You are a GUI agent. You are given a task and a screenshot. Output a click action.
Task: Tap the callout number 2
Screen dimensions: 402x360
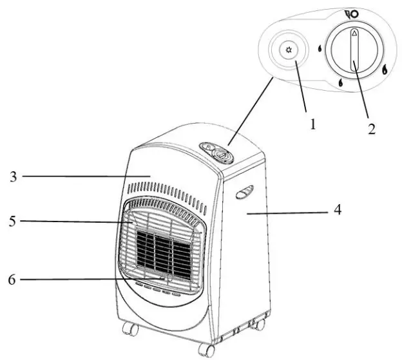point(371,128)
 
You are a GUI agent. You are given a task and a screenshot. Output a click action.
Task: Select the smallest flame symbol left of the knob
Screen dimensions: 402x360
point(320,48)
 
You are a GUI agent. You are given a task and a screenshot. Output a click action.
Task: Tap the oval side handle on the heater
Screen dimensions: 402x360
point(244,191)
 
